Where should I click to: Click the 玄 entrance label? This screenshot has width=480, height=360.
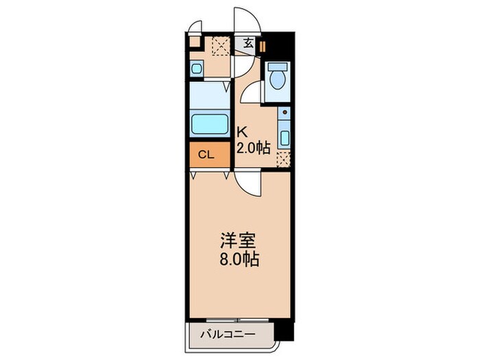coord(248,43)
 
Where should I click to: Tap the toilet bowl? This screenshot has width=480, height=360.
coord(278,80)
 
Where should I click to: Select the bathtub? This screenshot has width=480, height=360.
coord(210,125)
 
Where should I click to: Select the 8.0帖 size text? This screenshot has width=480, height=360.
coord(239,261)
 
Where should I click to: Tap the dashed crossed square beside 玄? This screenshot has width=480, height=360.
coord(220,45)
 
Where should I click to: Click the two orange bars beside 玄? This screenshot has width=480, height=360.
coord(261,47)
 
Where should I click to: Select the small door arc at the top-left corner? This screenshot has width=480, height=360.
coord(196,28)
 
